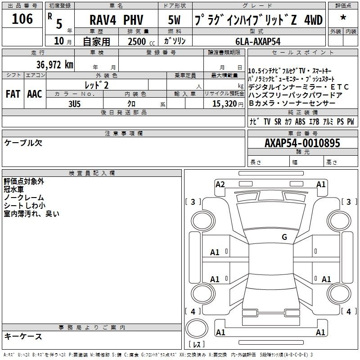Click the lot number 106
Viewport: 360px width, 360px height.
[22, 19]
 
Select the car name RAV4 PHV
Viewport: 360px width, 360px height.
[117, 20]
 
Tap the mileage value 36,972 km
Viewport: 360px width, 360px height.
[55, 65]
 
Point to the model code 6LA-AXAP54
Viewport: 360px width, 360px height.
[258, 41]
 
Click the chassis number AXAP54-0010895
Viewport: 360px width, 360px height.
[302, 143]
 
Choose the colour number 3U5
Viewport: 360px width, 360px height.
[74, 104]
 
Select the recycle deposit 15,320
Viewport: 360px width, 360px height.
[224, 104]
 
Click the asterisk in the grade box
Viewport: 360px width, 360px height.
[343, 18]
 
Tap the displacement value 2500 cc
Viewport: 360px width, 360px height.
[141, 42]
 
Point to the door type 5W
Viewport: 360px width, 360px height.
[174, 20]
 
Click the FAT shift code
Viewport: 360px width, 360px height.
[13, 94]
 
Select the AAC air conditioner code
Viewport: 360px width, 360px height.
[35, 94]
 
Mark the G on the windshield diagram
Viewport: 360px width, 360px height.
[284, 237]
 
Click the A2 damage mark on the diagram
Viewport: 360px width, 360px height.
[220, 184]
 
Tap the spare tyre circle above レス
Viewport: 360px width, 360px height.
[197, 328]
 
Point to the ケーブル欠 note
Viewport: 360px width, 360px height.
[23, 143]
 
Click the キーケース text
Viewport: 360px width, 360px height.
[23, 337]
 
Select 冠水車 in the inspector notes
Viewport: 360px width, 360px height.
[14, 189]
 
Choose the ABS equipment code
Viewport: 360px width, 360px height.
[300, 121]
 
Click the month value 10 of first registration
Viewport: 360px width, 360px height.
[59, 41]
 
